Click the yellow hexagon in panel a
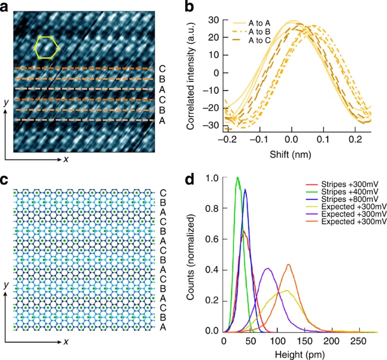[x=46, y=47]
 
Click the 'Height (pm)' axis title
[x=304, y=354]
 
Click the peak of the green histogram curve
[x=238, y=178]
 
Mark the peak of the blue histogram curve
[x=245, y=190]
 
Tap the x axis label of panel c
[x=66, y=341]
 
